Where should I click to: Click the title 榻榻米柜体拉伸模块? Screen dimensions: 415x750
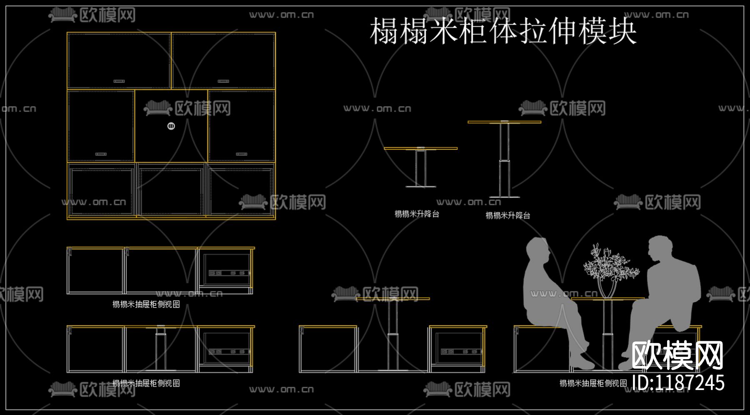(503, 31)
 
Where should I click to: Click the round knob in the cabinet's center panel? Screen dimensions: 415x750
(171, 126)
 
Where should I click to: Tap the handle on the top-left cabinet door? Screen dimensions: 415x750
(119, 81)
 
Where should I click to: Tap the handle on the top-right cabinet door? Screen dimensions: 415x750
(223, 81)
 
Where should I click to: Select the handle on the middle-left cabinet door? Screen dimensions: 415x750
(101, 154)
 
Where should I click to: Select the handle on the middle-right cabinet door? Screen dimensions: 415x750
(242, 154)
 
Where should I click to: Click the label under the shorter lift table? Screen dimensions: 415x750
(417, 214)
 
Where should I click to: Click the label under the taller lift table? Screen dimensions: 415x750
(507, 216)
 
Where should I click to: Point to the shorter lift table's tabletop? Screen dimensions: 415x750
(420, 148)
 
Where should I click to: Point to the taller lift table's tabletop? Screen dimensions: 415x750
(504, 122)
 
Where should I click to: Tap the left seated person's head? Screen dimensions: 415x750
(537, 250)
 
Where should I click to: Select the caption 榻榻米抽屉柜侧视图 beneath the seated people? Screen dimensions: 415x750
(593, 383)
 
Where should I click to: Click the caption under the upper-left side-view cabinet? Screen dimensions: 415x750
(146, 304)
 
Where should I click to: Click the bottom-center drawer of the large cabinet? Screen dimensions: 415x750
(171, 191)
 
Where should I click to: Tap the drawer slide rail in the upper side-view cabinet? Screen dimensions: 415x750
(229, 273)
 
